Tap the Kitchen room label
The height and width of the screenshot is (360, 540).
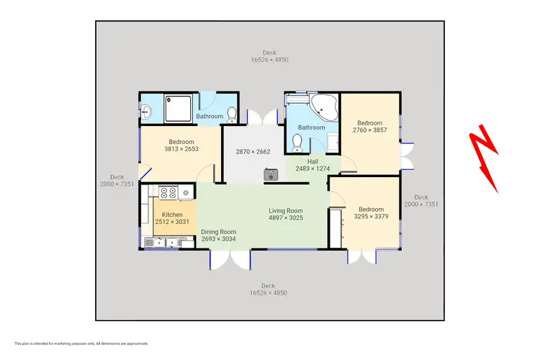point(171,215)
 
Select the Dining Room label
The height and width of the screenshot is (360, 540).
point(218,231)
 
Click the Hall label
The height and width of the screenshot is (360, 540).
point(312,161)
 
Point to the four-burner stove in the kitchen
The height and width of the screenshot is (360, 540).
point(168,192)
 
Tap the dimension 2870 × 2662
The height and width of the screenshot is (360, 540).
point(253,152)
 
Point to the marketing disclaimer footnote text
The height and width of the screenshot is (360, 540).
point(81,343)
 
